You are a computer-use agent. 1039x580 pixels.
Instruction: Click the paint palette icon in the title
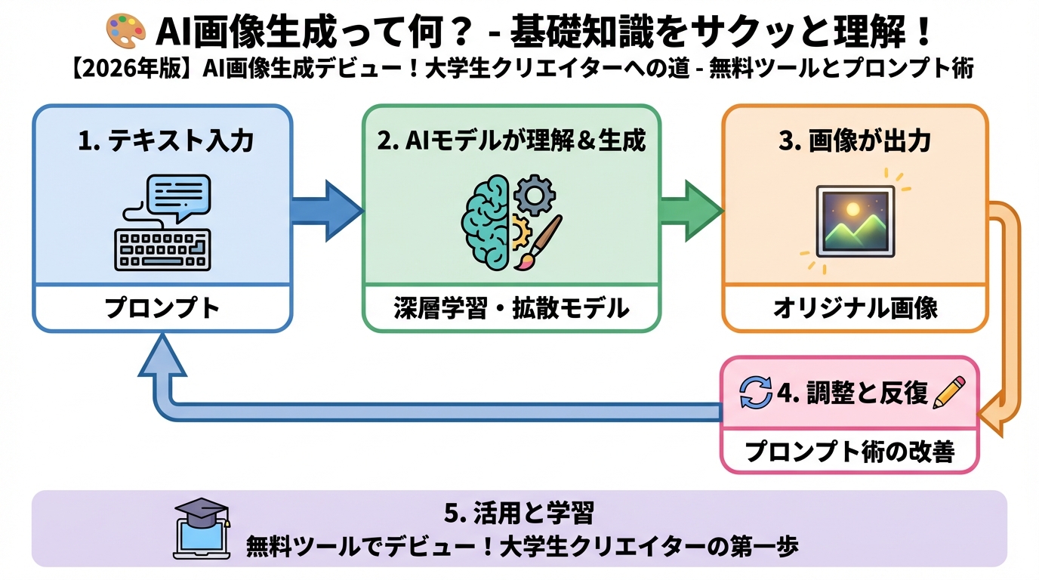click(x=125, y=32)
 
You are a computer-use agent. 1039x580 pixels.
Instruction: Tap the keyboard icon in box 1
click(x=162, y=249)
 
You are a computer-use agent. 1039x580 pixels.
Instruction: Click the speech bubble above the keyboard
click(x=177, y=196)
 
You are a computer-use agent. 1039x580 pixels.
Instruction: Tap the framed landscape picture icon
click(x=856, y=221)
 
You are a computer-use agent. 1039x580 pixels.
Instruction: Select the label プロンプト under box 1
click(x=162, y=308)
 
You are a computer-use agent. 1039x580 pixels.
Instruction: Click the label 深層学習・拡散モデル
click(x=511, y=308)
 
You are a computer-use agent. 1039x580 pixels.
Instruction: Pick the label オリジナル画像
click(x=855, y=308)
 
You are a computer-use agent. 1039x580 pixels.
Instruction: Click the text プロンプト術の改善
click(x=849, y=452)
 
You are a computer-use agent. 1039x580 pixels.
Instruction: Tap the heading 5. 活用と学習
click(x=519, y=514)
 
